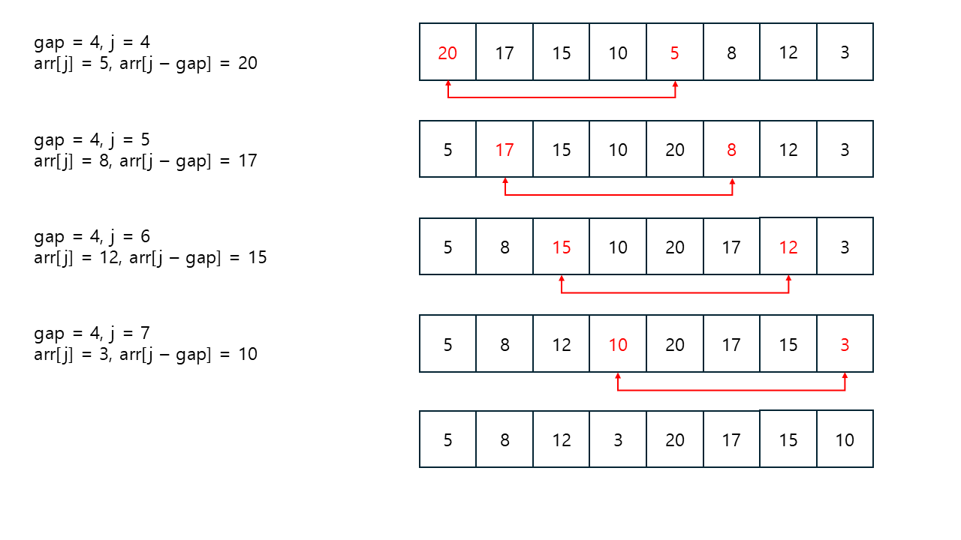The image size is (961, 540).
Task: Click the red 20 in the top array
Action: pos(447,53)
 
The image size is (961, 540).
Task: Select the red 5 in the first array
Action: pos(674,53)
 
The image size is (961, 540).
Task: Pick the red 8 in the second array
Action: pos(731,150)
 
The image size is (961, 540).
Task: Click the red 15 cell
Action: pos(561,247)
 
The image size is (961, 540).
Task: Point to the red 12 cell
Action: pos(788,247)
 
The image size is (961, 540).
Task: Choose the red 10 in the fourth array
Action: pos(618,344)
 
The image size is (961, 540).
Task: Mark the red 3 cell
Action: pos(845,344)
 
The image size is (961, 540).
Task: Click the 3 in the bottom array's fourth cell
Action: pos(618,440)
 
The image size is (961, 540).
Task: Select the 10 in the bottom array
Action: pos(845,440)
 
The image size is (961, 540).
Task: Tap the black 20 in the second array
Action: pos(674,150)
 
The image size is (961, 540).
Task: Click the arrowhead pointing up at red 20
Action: pos(448,83)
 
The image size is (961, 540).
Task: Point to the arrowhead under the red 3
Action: pos(845,376)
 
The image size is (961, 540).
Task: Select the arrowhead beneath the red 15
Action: pos(561,278)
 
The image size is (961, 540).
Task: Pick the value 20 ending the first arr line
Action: pos(248,63)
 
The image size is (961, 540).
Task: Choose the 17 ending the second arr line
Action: pos(248,160)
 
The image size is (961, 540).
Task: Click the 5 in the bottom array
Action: pos(447,440)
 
